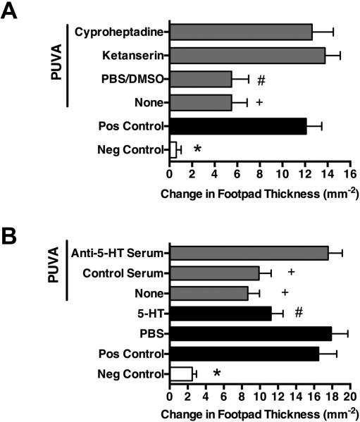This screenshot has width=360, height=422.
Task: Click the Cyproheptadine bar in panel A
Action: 240,32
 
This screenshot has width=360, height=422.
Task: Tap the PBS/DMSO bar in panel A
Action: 200,80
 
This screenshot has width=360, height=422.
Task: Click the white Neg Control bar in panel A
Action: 173,149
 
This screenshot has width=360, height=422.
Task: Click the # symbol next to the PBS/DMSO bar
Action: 261,80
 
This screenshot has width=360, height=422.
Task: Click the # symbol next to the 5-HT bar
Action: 299,313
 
